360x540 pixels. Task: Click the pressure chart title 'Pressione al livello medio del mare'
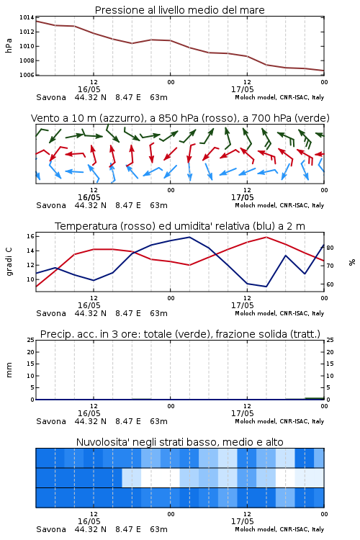tap(179, 10)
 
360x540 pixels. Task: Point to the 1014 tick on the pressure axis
tap(27, 17)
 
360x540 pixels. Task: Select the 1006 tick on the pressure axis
tap(27, 75)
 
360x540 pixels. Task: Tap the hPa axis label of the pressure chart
tap(9, 45)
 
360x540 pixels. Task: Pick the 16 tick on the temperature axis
tap(30, 236)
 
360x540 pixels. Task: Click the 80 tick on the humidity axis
tap(330, 248)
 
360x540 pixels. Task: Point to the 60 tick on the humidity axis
tap(330, 284)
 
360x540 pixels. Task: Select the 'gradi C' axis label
tap(9, 262)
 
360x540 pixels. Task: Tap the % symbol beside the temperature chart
tap(352, 262)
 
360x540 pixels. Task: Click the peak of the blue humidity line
tap(189, 237)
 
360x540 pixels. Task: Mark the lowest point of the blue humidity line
tap(266, 287)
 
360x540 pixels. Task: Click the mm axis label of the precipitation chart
tap(9, 370)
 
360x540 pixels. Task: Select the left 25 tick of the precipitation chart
tap(30, 340)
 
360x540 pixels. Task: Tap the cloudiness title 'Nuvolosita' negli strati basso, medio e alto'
tap(179, 442)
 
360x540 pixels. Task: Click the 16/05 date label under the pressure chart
tap(89, 89)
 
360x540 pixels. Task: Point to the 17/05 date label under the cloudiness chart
tap(242, 521)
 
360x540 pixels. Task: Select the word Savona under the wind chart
tap(51, 205)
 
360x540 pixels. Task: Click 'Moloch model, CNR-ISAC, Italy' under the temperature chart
tap(279, 313)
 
